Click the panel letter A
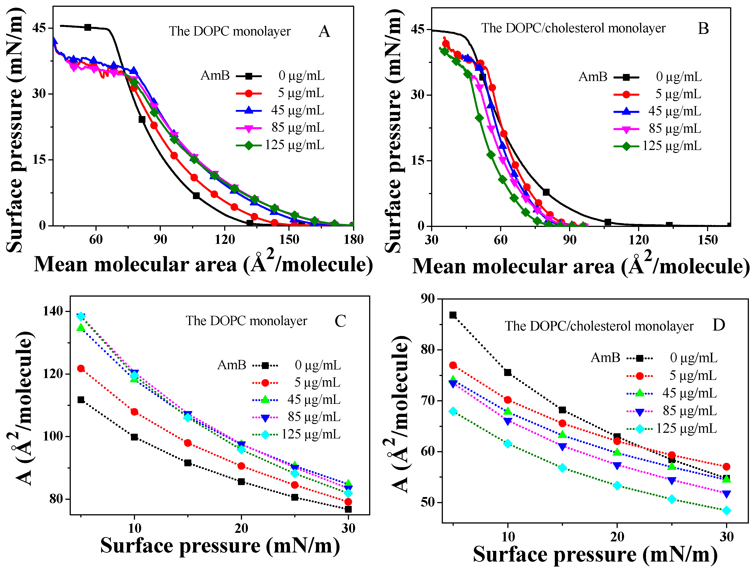click(x=324, y=31)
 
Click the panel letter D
click(x=719, y=325)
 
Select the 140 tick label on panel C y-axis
click(x=53, y=311)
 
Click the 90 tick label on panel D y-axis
click(x=428, y=299)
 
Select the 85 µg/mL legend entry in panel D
click(x=689, y=411)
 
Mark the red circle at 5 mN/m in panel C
click(x=81, y=368)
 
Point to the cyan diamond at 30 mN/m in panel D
click(x=727, y=511)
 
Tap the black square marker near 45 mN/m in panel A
click(x=88, y=27)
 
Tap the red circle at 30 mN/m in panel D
click(x=727, y=467)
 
